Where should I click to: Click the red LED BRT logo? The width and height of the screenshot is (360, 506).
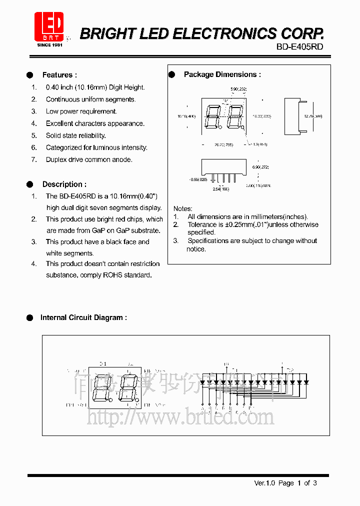[x=48, y=26]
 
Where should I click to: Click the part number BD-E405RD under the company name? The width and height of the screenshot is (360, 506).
[x=299, y=46]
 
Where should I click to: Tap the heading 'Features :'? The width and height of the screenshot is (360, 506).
[x=59, y=75]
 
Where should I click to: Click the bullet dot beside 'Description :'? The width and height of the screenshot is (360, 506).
[x=29, y=184]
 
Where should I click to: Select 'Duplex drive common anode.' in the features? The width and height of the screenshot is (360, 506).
[x=89, y=159]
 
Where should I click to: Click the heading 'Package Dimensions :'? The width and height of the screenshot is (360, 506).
[x=222, y=74]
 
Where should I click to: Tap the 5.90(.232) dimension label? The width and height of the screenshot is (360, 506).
[x=238, y=89]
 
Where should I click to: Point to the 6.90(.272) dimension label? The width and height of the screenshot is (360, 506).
[x=260, y=167]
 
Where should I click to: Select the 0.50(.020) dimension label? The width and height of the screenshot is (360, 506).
[x=198, y=179]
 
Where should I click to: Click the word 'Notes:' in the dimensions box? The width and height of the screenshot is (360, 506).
[x=182, y=208]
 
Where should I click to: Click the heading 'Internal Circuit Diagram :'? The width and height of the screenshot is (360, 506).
[x=83, y=317]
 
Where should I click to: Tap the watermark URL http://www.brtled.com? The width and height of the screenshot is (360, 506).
[x=180, y=416]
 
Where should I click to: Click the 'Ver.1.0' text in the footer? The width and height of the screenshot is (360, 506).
[x=264, y=483]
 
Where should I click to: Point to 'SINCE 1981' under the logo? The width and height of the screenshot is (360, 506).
[x=49, y=45]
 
